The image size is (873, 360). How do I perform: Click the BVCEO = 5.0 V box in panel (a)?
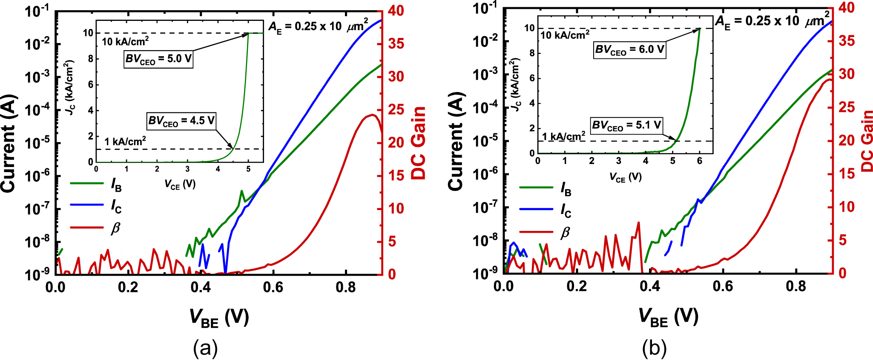(x=158, y=59)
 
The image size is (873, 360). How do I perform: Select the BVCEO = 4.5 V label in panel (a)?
(x=181, y=121)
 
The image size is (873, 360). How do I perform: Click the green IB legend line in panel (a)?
(x=87, y=184)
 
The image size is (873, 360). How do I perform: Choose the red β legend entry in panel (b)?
(x=536, y=233)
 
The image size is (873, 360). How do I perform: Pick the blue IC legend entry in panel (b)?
(x=536, y=209)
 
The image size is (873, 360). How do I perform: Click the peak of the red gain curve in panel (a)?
(x=373, y=115)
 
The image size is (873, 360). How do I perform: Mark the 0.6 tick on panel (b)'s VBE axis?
(x=723, y=286)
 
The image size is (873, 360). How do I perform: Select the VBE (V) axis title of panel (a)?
(x=219, y=318)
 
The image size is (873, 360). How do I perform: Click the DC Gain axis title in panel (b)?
(x=866, y=141)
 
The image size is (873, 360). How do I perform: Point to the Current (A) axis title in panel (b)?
(x=455, y=141)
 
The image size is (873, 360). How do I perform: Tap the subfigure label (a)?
(x=205, y=348)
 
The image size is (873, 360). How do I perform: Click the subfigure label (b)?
(x=655, y=348)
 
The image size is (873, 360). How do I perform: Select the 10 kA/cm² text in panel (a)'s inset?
(x=125, y=41)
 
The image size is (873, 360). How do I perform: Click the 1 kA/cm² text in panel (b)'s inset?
(x=563, y=136)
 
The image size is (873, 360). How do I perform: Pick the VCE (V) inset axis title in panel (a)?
(x=180, y=184)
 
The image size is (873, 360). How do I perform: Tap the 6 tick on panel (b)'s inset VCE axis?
(x=699, y=161)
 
